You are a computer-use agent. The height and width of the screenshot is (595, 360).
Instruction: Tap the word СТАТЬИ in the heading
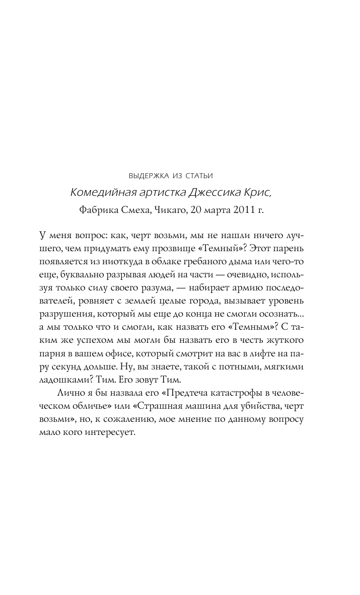point(198,176)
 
